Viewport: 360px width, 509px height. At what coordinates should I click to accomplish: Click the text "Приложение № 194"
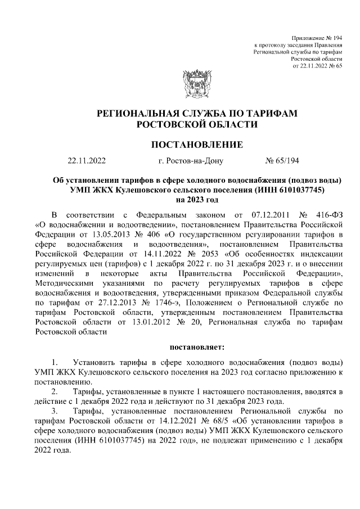pyautogui.click(x=317, y=37)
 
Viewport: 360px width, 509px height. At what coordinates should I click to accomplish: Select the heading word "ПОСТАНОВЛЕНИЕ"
pyautogui.click(x=197, y=145)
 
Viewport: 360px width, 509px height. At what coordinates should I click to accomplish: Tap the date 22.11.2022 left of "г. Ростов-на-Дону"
pyautogui.click(x=86, y=161)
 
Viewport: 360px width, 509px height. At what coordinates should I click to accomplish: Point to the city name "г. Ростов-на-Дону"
pyautogui.click(x=191, y=161)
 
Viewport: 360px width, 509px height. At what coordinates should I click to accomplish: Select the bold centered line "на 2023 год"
pyautogui.click(x=197, y=200)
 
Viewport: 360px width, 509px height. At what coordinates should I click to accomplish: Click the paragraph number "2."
pyautogui.click(x=55, y=390)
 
